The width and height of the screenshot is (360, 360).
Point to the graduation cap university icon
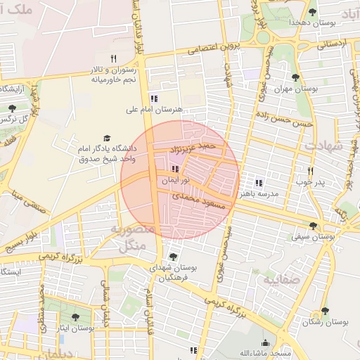click(107, 139)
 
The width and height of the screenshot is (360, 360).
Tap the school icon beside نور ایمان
click(174, 169)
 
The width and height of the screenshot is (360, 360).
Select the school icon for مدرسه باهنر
click(259, 182)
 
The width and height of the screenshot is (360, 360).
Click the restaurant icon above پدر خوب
click(310, 171)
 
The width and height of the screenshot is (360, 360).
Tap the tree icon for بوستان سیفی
click(313, 226)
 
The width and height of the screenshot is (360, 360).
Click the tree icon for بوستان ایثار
click(75, 318)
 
